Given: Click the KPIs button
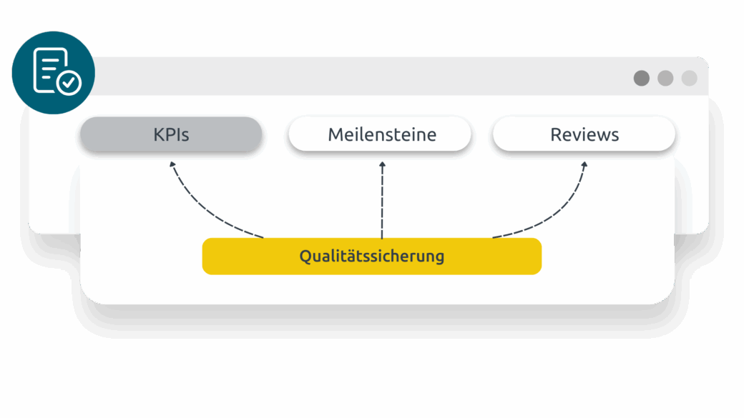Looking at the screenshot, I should point(171,134).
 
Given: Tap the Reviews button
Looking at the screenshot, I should point(584,134).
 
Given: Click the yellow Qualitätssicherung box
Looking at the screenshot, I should point(371,257).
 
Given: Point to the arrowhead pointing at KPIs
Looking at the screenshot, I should point(172,165).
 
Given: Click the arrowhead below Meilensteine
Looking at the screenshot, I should point(382,165).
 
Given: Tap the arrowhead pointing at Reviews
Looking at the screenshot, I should point(584,166).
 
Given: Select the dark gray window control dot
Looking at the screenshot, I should point(642,78).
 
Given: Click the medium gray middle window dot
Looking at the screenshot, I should point(665,78).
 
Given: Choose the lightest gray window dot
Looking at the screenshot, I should point(689,78).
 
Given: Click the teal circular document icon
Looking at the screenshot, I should point(54,73).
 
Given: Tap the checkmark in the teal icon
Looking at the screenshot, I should point(69,84).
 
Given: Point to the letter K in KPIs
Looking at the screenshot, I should point(159,134).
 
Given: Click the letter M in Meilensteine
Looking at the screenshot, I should point(335,134).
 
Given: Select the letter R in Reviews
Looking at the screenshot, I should point(556,134).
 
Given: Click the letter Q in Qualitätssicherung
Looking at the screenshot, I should point(305,257).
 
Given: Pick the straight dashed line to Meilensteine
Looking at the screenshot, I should point(382,204).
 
